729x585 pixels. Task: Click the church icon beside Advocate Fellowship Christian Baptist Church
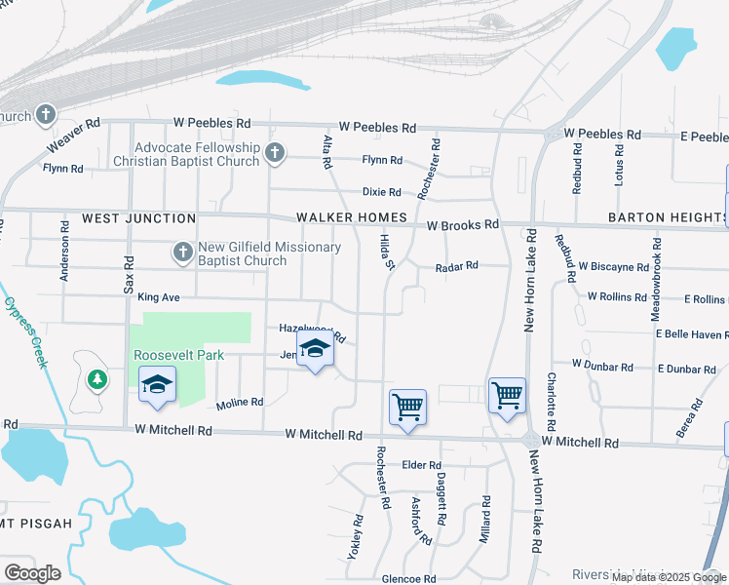coord(275,153)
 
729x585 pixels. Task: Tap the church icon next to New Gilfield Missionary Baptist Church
coord(182,253)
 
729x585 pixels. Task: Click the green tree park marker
coord(96,378)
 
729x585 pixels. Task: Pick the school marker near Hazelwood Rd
coord(315,351)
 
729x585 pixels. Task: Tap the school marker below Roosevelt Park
coord(157,386)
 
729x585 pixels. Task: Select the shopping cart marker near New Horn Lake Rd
coord(506,397)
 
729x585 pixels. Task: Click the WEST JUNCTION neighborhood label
coord(138,218)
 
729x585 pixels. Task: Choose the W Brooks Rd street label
coord(463,224)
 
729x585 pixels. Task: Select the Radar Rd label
coord(457,265)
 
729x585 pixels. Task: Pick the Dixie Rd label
coord(381,192)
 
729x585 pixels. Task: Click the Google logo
coord(32,573)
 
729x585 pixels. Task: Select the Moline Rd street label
coord(240,402)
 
